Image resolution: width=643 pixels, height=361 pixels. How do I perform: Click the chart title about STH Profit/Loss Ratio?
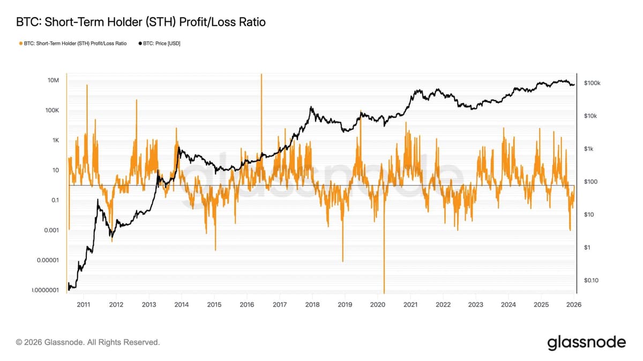pos(141,22)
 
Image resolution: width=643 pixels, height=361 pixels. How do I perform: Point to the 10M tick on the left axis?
pos(53,80)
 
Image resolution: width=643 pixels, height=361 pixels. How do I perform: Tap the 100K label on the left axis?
pos(52,110)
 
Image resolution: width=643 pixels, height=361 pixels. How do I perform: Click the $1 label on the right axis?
pos(587,248)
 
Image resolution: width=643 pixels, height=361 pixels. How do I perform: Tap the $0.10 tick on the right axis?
pos(590,280)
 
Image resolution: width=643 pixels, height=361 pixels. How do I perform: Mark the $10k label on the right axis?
pos(590,116)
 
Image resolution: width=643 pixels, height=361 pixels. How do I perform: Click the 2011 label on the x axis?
pos(83,305)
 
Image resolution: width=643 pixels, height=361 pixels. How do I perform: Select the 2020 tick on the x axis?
pos(378,305)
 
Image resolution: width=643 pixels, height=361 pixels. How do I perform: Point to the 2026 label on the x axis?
pos(574,305)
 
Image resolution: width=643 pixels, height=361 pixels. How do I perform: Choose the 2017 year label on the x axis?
pos(280,305)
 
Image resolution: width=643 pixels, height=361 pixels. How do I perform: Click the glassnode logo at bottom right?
pos(586,342)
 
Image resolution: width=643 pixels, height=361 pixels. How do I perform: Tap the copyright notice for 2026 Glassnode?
pos(88,342)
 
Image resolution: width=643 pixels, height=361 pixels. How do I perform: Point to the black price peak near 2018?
pos(311,108)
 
